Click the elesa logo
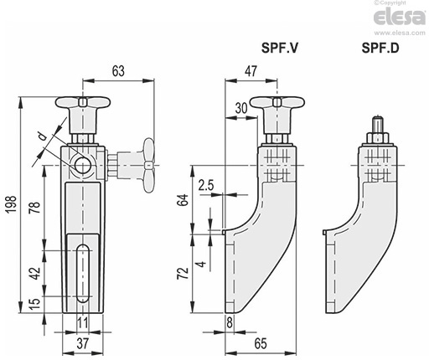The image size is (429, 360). (400, 17)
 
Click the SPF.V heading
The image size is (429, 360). (280, 48)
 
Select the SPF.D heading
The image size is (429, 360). (380, 48)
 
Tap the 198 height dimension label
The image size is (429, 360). (12, 204)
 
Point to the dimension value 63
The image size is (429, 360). (118, 71)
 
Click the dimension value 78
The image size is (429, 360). (35, 207)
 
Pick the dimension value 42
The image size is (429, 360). (35, 274)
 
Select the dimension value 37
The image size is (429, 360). (83, 343)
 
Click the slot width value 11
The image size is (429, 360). (83, 323)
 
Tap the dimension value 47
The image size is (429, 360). (251, 71)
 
